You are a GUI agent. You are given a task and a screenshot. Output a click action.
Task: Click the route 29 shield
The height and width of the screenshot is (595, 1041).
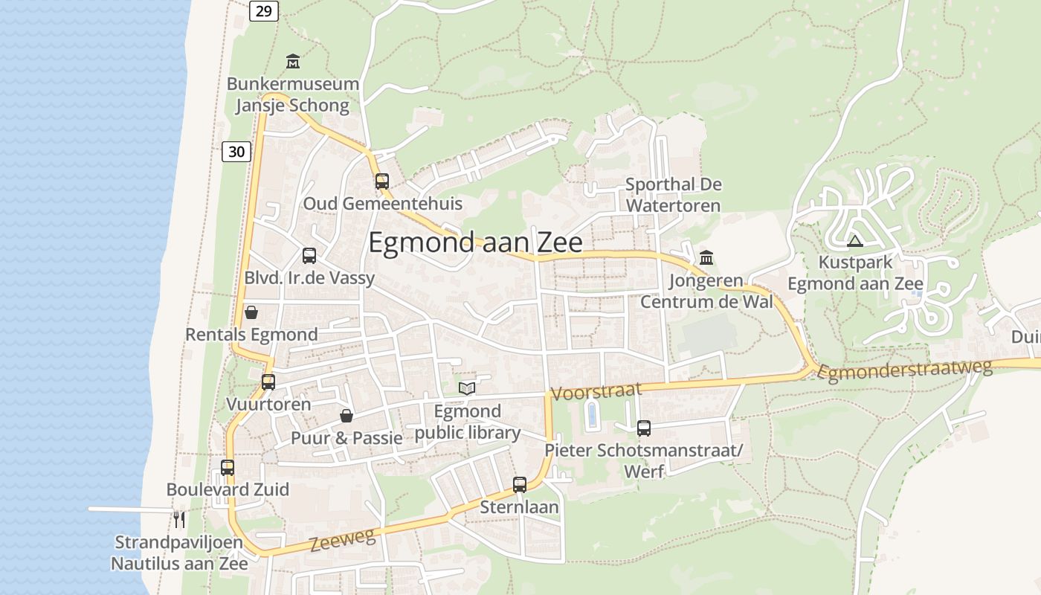(x=264, y=10)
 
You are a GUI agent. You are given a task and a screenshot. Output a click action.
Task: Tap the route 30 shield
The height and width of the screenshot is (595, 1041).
(x=236, y=152)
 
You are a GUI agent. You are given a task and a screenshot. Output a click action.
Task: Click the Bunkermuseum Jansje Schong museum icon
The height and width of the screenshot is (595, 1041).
(x=293, y=61)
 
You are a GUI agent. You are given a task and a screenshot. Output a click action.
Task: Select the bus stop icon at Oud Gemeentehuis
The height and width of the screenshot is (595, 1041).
(x=382, y=181)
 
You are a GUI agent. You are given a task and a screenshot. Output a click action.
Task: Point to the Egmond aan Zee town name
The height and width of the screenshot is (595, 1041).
(x=475, y=242)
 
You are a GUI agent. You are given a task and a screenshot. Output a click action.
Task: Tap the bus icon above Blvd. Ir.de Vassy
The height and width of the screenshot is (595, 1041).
(x=309, y=256)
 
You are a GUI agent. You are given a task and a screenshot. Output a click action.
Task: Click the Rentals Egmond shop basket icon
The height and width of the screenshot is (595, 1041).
(x=251, y=312)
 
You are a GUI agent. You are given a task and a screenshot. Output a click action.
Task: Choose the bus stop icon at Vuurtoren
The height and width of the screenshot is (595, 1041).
(x=268, y=382)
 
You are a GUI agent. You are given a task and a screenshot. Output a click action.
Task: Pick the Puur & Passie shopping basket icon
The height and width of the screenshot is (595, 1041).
(x=346, y=415)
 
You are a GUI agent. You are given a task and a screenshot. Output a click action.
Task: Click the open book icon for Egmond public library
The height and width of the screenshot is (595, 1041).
(x=467, y=388)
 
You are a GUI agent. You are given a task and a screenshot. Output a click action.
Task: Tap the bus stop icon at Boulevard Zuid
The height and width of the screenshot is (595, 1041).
(x=228, y=468)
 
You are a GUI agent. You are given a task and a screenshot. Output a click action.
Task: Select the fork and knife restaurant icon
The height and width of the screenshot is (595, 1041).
(x=178, y=518)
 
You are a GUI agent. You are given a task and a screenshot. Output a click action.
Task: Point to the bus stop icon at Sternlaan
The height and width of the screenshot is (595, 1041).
(x=520, y=485)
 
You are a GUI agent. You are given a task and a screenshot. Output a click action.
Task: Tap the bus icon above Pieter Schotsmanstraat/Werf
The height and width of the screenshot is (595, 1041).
(x=644, y=428)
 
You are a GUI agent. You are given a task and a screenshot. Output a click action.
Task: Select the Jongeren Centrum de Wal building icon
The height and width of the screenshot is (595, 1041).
(x=706, y=258)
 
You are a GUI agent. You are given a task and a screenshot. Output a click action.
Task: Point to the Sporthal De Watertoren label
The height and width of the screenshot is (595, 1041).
(x=673, y=194)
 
